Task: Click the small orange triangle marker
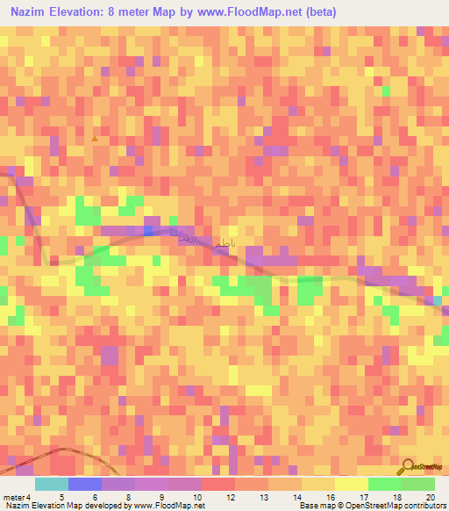(x=95, y=139)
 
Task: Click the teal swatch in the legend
(x=52, y=484)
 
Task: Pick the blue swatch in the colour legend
(x=85, y=484)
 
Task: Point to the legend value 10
(x=184, y=496)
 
